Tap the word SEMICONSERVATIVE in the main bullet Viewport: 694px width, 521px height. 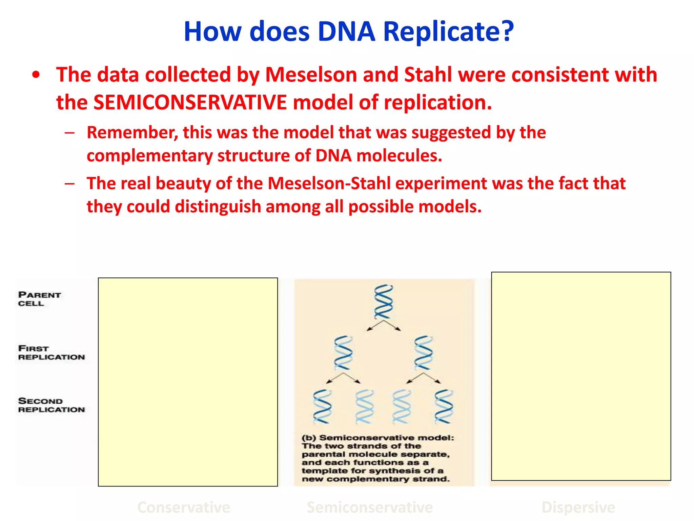190,102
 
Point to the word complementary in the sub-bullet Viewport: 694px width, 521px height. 149,156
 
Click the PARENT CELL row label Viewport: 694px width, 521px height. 39,299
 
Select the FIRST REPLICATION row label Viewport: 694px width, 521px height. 51,353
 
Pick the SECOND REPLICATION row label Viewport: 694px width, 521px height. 51,405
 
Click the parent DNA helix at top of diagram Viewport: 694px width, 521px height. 384,302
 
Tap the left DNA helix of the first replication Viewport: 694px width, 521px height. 343,353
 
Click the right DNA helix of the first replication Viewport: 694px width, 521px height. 424,353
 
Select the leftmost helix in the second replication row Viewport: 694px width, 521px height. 322,406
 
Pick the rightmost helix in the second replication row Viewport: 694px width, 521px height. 444,406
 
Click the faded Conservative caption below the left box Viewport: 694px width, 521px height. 184,507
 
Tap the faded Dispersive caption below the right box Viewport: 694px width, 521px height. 578,507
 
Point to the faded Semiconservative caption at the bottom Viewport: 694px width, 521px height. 369,507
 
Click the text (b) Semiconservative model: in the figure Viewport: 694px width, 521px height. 377,438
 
